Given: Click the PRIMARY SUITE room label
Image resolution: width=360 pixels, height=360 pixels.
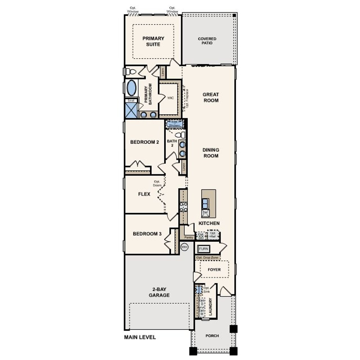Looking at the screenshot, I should coord(153,41).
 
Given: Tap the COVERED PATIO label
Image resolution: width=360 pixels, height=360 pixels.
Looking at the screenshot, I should coord(207,41).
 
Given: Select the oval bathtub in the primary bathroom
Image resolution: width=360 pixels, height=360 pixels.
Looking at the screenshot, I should coord(131,88).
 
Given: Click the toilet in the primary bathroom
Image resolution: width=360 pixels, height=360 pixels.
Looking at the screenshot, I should coord(131,72).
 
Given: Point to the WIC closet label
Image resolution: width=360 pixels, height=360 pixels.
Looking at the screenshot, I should coord(170,98).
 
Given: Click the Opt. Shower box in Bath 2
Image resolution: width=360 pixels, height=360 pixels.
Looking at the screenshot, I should coord(174,124).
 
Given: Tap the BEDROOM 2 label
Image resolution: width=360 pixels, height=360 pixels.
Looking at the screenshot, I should coord(145,142).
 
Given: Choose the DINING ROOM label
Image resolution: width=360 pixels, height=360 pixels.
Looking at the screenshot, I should coord(211,153).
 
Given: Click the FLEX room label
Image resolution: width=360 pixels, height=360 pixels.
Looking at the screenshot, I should coord(144,194).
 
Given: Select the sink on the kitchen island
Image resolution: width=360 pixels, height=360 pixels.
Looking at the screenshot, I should coord(205,203).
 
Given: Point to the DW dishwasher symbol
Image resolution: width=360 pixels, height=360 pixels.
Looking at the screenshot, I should coord(205,212).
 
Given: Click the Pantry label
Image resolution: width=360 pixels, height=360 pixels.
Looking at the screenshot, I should coord(189,237).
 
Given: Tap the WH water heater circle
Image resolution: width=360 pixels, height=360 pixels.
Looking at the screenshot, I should coord(184,247).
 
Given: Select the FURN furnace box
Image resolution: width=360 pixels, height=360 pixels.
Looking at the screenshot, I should coord(203,249).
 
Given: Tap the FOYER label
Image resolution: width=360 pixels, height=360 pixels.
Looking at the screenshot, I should coord(214,269).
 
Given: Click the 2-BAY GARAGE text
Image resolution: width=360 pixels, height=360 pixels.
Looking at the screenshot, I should coord(159,292).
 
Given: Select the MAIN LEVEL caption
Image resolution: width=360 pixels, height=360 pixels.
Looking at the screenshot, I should coord(140,337).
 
